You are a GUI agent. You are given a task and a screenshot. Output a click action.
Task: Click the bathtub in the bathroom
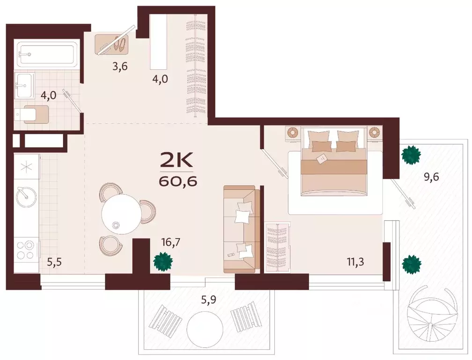pyautogui.click(x=48, y=54)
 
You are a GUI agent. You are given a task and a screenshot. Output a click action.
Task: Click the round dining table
pyautogui.click(x=121, y=213)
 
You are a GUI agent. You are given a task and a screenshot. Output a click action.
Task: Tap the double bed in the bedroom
pyautogui.click(x=334, y=161)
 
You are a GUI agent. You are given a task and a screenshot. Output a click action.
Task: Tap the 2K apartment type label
pyautogui.click(x=177, y=161)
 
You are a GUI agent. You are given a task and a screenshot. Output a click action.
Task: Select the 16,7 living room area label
pyautogui.click(x=170, y=242)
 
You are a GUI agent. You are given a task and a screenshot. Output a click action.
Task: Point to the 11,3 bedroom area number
pyautogui.click(x=355, y=262)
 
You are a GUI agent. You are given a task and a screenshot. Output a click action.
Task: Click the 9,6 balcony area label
pyautogui.click(x=431, y=177)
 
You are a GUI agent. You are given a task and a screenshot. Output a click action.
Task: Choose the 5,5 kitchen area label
pyautogui.click(x=54, y=262)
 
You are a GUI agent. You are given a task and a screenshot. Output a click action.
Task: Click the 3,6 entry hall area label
pyautogui.click(x=120, y=66)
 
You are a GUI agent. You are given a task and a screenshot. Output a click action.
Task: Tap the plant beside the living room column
pyautogui.click(x=162, y=262)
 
